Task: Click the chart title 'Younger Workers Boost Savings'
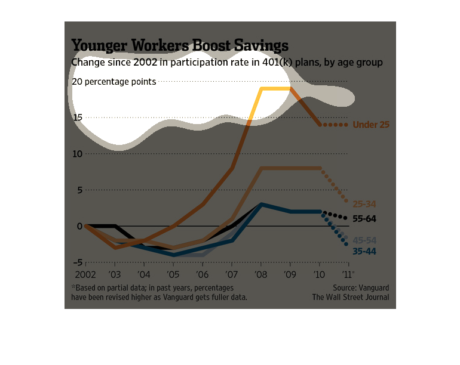coord(180,46)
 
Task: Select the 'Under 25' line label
coord(371,125)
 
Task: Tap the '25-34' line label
coord(364,204)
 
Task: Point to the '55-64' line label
coord(364,219)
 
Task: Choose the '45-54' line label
coord(364,240)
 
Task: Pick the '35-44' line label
coord(364,251)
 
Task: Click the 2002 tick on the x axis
coord(85,275)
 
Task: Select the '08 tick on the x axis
coord(261,275)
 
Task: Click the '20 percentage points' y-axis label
coord(114,82)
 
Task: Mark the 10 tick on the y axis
coord(77,154)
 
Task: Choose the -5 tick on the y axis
coord(77,262)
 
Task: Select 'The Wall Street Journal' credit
coord(350,297)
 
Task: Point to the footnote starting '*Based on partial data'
coord(159,292)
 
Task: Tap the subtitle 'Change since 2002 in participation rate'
coord(227,62)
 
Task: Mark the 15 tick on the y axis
coord(77,117)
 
